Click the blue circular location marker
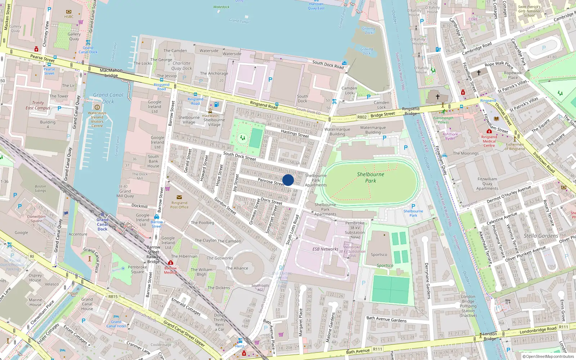pos(288,180)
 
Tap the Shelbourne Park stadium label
pos(370,177)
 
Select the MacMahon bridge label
pos(111,73)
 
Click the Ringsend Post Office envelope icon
pos(179,197)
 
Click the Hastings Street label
pos(295,134)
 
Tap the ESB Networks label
pos(325,249)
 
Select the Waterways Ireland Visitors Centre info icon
pos(97,107)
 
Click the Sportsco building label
pos(379,255)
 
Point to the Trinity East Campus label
pos(38,105)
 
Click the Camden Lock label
pos(349,90)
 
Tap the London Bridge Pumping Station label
pos(468,306)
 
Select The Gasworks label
pos(220,258)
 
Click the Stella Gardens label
pos(541,236)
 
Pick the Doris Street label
pos(271,201)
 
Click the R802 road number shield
pos(362,117)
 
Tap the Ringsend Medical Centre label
pos(489,141)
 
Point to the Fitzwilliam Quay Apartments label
pos(487,184)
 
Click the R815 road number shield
pos(113,297)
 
